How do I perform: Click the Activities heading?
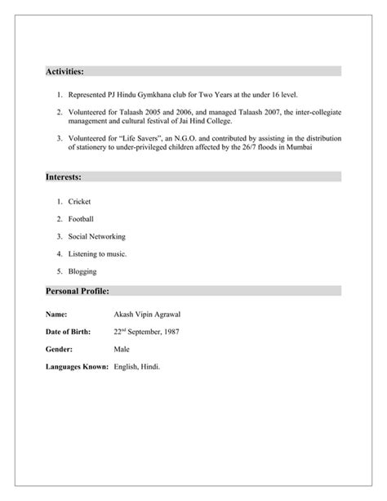[x=64, y=71]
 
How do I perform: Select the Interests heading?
[x=63, y=177]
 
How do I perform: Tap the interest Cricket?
[x=80, y=201]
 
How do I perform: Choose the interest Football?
[x=82, y=219]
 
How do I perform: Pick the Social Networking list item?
[x=97, y=236]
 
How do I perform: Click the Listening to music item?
[x=98, y=254]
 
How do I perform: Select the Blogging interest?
[x=83, y=271]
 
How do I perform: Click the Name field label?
[x=56, y=313]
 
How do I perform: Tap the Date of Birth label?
[x=67, y=331]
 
